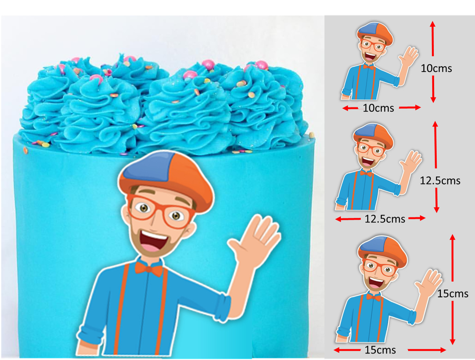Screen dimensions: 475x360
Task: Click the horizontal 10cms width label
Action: (378, 108)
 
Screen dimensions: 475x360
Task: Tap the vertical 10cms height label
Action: (436, 68)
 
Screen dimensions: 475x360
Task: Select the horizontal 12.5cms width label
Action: (385, 219)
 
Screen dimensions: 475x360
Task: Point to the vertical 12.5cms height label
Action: (440, 181)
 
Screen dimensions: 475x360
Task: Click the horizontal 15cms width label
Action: (380, 350)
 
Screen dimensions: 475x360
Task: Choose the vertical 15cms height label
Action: (453, 294)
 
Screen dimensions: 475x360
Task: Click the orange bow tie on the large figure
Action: (149, 269)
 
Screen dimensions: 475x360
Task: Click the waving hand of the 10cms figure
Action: (408, 57)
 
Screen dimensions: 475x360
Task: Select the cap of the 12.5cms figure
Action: (373, 136)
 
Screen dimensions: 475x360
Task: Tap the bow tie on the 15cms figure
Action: (374, 297)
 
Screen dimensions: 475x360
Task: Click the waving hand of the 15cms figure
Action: (428, 281)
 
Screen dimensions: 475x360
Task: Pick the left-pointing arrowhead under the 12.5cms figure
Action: (339, 219)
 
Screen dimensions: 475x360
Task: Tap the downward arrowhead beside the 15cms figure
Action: (452, 342)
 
